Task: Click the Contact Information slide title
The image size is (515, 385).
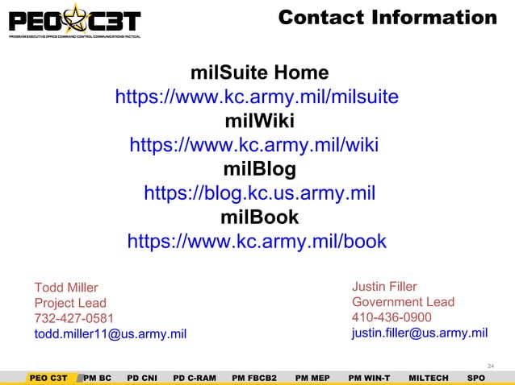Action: coord(387,18)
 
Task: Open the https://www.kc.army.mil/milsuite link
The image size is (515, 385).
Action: coord(257,98)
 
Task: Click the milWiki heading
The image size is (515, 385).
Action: coord(258,122)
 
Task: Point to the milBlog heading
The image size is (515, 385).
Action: coord(258,170)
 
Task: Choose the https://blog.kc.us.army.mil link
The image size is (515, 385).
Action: coord(259,194)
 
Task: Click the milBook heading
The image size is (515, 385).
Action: coord(258,217)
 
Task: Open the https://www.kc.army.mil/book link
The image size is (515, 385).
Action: coord(257,242)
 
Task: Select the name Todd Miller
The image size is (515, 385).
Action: coord(65,288)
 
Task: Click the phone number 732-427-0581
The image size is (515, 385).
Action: coord(73,318)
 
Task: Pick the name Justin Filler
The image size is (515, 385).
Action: coord(384,286)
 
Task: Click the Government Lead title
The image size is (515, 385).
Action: coord(403,302)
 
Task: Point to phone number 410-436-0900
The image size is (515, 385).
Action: coord(391,317)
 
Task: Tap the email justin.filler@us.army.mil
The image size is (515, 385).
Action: coord(419,333)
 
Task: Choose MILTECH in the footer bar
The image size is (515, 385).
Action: coord(429,377)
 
